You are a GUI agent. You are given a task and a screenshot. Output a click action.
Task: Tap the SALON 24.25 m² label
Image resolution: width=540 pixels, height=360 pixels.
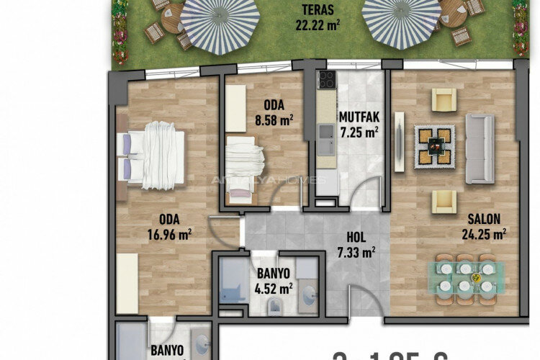[484, 225]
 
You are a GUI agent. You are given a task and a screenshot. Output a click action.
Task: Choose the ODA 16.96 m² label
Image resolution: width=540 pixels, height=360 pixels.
[169, 227]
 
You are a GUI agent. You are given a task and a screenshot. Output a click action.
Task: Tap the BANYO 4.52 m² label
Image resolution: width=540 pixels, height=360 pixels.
[274, 282]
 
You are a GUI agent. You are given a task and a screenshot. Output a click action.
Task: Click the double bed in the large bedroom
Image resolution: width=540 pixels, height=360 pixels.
[155, 155]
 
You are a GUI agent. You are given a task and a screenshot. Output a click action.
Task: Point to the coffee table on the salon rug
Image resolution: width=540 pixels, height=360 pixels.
[434, 147]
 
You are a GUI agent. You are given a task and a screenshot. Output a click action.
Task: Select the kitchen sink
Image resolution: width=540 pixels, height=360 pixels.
[325, 131]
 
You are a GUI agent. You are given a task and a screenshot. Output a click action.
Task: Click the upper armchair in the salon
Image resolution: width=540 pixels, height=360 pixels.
[444, 99]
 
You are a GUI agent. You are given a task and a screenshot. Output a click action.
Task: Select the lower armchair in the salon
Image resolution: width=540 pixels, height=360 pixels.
[444, 202]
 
